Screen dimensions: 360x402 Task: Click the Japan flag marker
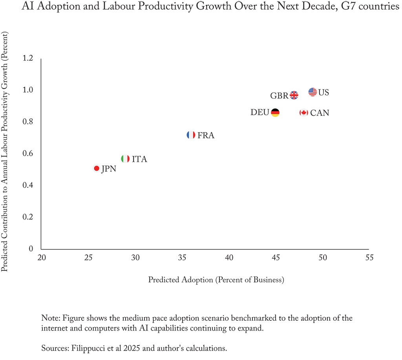[x=97, y=168]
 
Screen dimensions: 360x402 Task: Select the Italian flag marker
[x=125, y=159]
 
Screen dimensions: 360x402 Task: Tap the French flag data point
[x=191, y=135]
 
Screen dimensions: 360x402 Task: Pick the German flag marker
[x=275, y=113]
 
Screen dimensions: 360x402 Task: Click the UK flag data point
[x=294, y=95]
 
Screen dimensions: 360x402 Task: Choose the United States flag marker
[x=312, y=92]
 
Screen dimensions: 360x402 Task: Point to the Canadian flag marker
[x=303, y=113]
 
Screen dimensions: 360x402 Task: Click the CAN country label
[x=320, y=113]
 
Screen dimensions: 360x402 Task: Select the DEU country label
[x=259, y=113]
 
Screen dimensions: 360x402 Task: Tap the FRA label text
[x=206, y=136]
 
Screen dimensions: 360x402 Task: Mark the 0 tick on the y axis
[x=31, y=249]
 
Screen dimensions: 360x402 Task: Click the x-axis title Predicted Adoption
[x=216, y=280]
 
